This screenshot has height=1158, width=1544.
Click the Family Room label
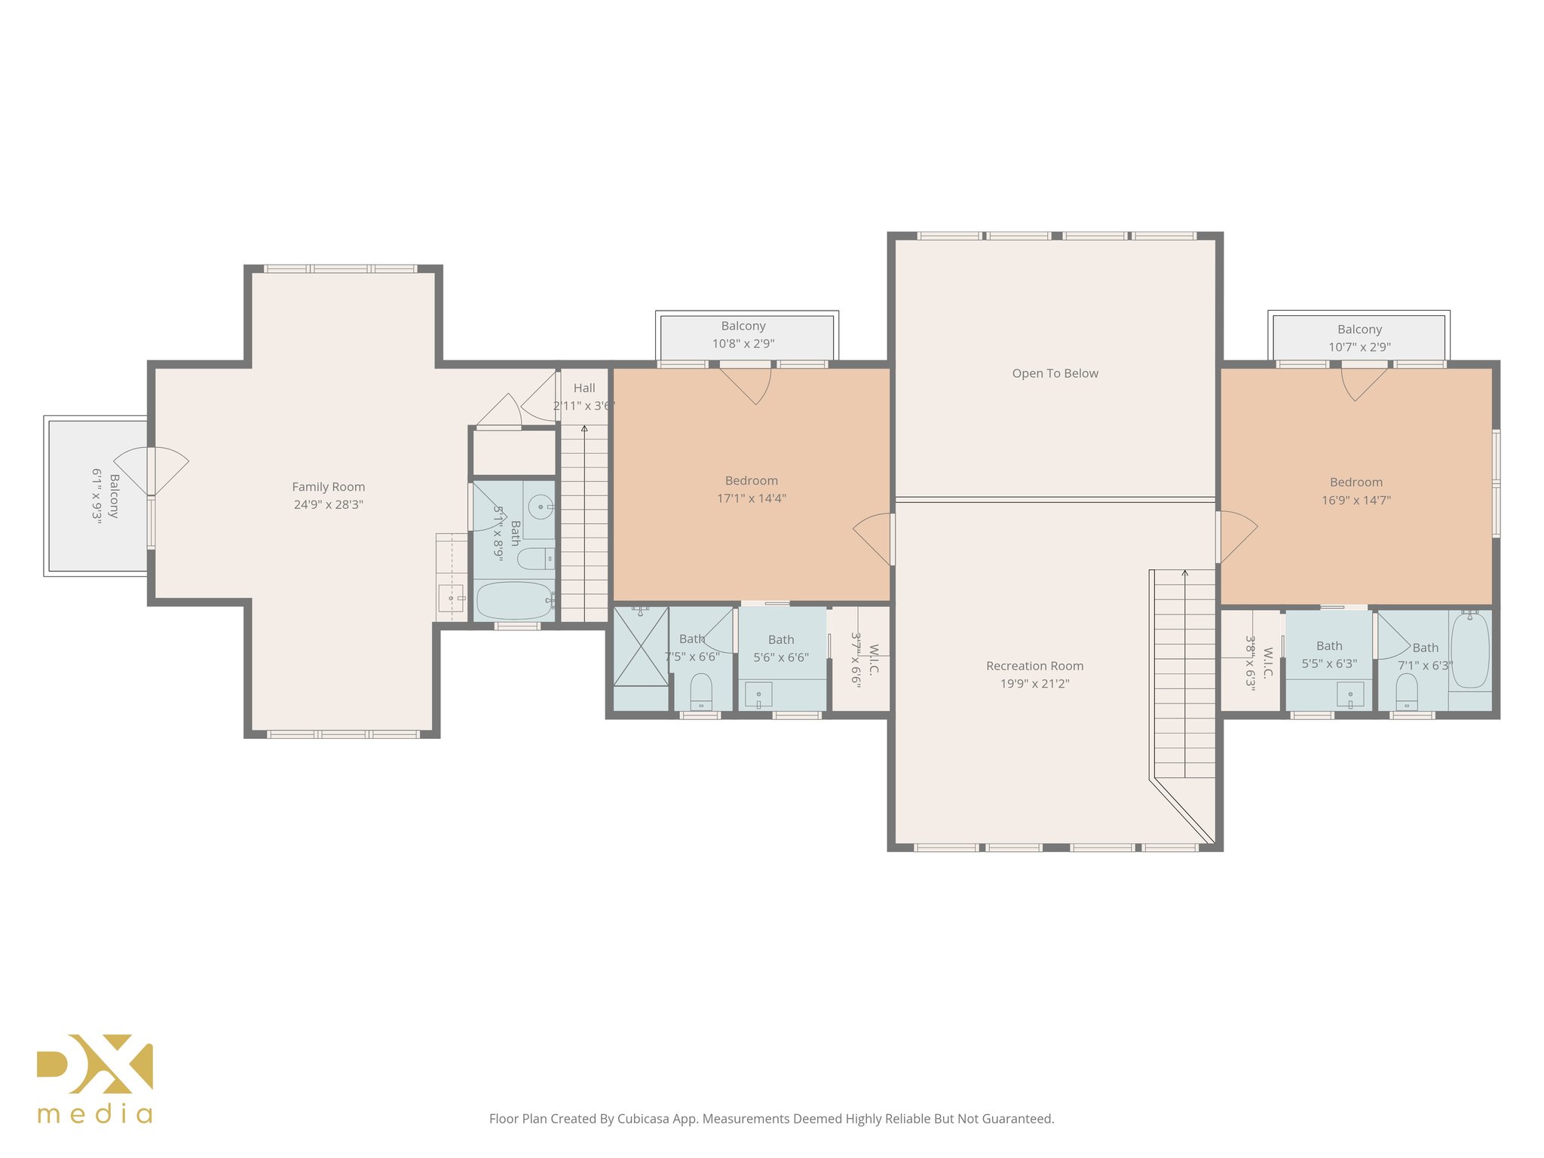(x=328, y=487)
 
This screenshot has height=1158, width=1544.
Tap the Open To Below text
(x=1055, y=373)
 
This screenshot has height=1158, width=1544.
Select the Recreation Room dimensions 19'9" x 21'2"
(x=1034, y=684)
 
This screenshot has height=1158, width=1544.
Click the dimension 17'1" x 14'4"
(x=751, y=498)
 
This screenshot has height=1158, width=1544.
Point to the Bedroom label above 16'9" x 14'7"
(x=1356, y=482)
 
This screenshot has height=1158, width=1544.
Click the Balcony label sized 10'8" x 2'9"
(x=743, y=326)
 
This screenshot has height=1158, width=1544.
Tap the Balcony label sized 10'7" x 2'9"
(x=1359, y=329)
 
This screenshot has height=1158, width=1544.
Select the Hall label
(x=584, y=388)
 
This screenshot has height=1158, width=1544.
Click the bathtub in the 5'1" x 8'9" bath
(x=514, y=601)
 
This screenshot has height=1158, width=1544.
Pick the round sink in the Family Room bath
(x=540, y=507)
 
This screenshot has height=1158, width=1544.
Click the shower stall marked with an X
(x=640, y=647)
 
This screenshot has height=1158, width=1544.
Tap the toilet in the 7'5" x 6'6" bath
(x=700, y=691)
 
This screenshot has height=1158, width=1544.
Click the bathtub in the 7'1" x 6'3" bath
(x=1469, y=650)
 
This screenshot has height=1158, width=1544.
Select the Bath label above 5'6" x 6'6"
(x=780, y=639)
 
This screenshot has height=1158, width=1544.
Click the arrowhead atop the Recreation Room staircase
(x=1184, y=574)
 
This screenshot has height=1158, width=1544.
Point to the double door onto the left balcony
(x=152, y=471)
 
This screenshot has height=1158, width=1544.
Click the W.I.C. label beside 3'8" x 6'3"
(x=1267, y=663)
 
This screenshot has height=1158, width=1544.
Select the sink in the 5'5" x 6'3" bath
(x=1349, y=695)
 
